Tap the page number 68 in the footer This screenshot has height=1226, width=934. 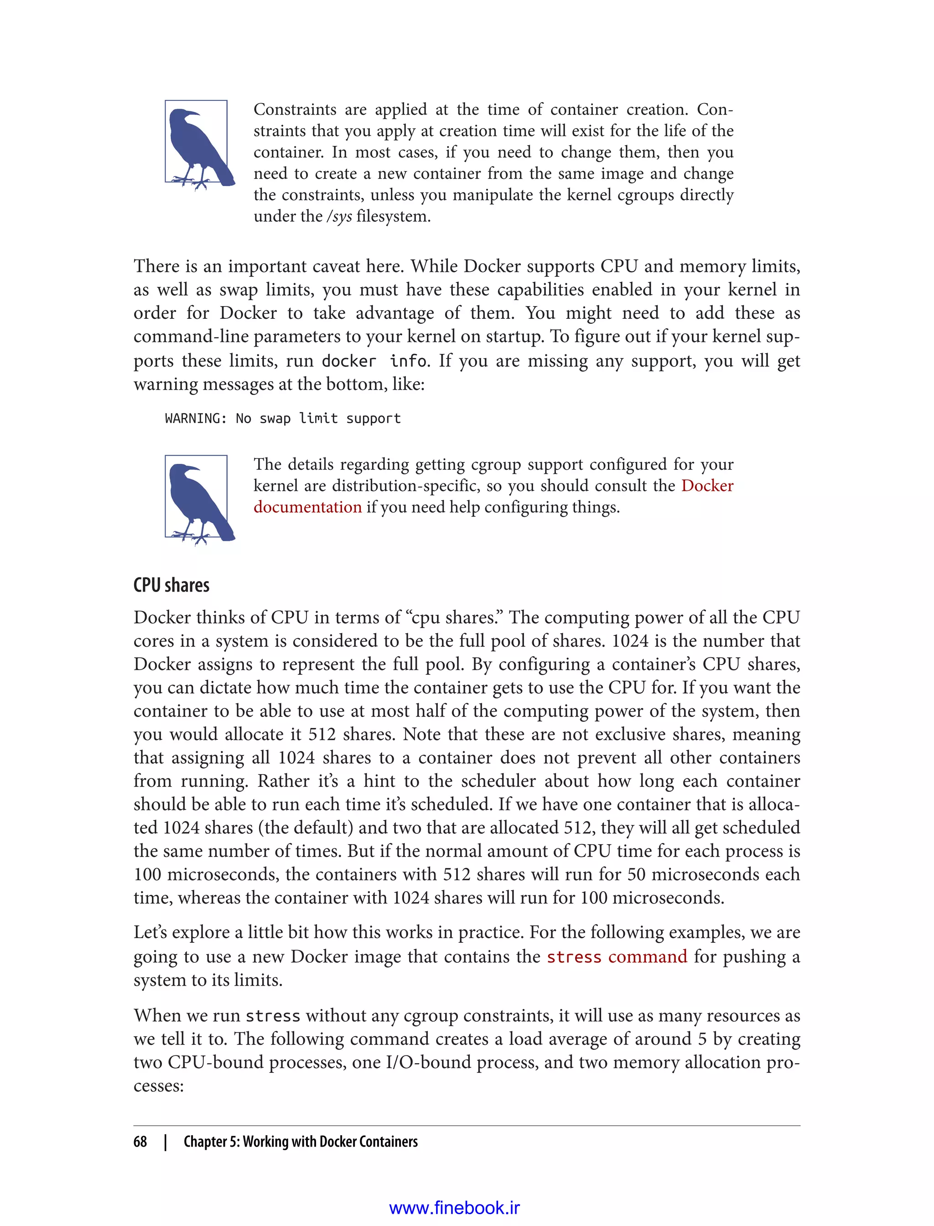140,1142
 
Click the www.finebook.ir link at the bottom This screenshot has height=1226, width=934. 454,1208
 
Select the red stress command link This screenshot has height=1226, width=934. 617,956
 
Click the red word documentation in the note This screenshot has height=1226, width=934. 307,507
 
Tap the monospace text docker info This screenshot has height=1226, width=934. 374,361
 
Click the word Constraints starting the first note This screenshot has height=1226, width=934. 295,109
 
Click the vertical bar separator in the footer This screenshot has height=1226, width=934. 166,1142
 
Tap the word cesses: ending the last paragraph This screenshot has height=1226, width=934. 158,1086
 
